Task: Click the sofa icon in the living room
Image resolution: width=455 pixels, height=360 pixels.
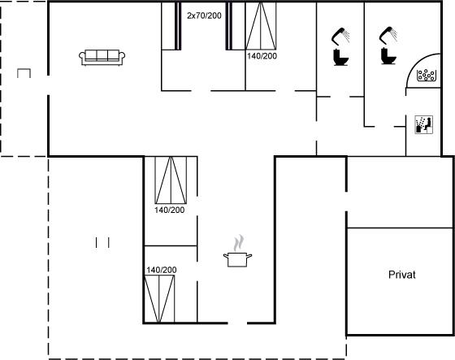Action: tap(102, 58)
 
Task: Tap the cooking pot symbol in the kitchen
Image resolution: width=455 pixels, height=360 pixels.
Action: tap(237, 259)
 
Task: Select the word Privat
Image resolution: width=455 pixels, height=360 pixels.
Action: tap(402, 275)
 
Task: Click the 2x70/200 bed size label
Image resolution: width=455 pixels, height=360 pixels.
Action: tap(204, 15)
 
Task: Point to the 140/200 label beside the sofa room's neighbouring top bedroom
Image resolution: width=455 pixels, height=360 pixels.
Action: tap(262, 56)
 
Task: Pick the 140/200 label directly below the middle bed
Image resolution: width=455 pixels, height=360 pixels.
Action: tap(170, 210)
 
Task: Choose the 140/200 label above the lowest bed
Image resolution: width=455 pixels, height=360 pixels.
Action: tap(162, 270)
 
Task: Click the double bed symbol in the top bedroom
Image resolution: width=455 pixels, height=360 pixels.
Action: tap(261, 26)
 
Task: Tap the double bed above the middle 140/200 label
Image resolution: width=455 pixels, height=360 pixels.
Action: tap(171, 180)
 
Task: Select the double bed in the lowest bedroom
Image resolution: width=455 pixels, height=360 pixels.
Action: tap(159, 299)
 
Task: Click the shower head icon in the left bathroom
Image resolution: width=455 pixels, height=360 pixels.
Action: tap(340, 36)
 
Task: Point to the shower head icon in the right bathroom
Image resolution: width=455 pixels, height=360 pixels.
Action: tap(388, 35)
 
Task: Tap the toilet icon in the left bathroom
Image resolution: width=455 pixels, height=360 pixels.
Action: tap(340, 58)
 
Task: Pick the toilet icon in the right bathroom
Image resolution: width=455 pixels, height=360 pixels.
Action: tap(388, 56)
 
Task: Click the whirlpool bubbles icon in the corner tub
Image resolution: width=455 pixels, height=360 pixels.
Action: tap(427, 76)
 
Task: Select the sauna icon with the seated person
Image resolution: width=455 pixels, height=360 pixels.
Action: tap(423, 124)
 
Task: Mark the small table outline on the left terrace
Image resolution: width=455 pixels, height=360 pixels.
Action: tap(24, 69)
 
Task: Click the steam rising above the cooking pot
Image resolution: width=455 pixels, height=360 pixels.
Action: tap(239, 243)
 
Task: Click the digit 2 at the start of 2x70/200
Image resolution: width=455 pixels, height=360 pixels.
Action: tap(189, 15)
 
